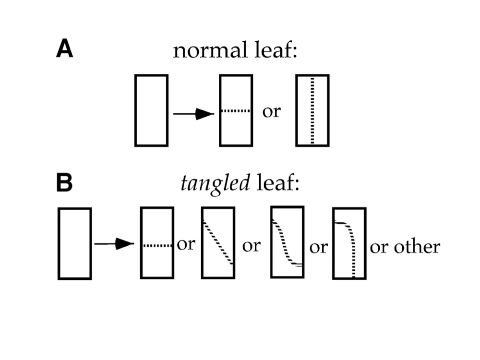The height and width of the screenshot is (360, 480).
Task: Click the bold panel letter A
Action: (65, 49)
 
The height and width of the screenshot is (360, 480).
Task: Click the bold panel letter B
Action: (65, 183)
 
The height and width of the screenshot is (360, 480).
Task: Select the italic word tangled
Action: (215, 185)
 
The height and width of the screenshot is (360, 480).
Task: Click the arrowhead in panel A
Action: (205, 114)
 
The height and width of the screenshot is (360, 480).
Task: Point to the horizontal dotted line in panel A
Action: (236, 111)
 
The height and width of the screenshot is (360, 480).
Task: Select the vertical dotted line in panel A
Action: (312, 110)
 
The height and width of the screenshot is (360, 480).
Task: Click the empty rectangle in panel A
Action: (151, 110)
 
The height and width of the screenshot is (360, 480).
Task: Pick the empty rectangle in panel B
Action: (74, 243)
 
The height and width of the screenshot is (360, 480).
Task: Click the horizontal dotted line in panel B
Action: (157, 245)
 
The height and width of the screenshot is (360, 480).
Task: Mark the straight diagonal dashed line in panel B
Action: (218, 242)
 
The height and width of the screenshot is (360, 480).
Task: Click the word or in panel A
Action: (271, 112)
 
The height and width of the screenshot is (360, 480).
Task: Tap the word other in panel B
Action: (417, 247)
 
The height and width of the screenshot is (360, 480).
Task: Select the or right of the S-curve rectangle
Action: (318, 248)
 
